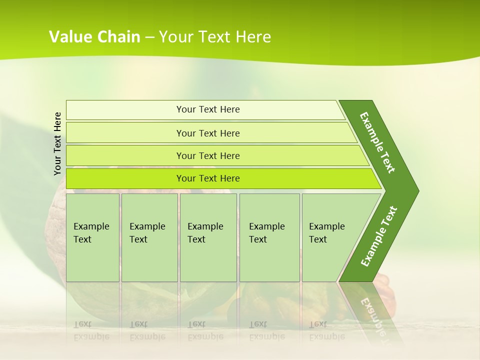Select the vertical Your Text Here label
[x=57, y=143]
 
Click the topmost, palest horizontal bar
[x=208, y=109]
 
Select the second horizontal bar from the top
[x=208, y=133]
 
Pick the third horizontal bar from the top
[x=208, y=155]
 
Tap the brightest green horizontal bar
[x=208, y=178]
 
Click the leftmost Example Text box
[x=92, y=237]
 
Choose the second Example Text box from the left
[x=149, y=237]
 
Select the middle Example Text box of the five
[x=208, y=237]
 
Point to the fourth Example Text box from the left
[x=269, y=237]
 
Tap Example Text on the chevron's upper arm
[x=377, y=142]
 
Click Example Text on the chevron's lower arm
[x=379, y=236]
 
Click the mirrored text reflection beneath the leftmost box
[x=91, y=330]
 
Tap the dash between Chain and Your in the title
[x=149, y=37]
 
